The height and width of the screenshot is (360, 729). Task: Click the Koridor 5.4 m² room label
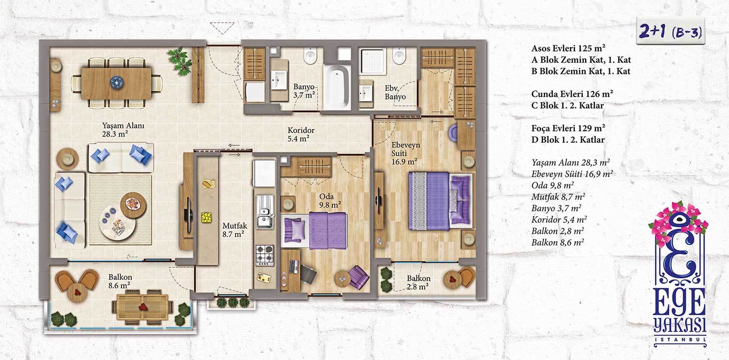coord(301,134)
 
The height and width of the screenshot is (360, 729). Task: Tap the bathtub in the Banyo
coord(337,87)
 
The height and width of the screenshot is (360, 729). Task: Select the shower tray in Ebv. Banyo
coord(372,61)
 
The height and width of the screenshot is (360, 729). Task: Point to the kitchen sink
coord(264,211)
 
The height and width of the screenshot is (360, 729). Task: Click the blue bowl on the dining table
coord(116,82)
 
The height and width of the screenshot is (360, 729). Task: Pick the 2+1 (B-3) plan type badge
coord(670,32)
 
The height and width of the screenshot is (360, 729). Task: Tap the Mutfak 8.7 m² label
coord(235,230)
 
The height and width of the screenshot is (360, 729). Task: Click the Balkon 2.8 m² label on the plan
coord(418,282)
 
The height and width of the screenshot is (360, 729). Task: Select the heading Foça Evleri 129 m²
coord(568,128)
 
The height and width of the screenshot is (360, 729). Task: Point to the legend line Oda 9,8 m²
coord(553,185)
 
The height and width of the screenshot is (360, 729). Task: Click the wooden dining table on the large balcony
coord(142,307)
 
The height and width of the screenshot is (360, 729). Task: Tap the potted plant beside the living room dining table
coord(180,61)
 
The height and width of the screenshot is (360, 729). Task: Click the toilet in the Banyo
coord(310,55)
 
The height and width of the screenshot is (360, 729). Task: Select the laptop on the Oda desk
coord(294,267)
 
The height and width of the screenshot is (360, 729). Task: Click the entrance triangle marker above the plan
coord(222,28)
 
